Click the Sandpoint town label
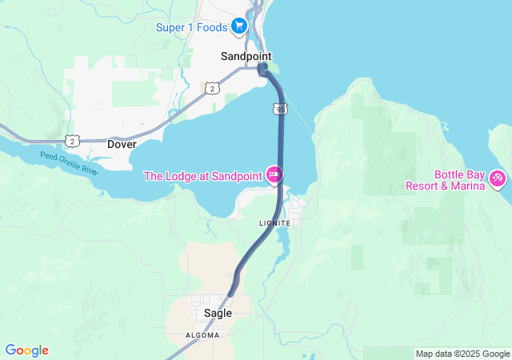coord(246,57)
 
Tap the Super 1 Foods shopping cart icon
coord(238,27)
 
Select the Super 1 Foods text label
coord(191,27)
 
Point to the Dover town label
coord(122,145)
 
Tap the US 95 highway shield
coord(278,108)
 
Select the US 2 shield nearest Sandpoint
coord(210,88)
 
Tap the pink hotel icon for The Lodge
coord(274,174)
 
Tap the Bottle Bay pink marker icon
coord(498,178)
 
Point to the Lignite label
coord(274,222)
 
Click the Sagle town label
coord(218,314)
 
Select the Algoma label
coord(202,335)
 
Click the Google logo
coord(26,350)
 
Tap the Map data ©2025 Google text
coord(462,354)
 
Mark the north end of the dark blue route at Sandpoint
coord(262,70)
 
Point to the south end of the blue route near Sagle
coord(230,293)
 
